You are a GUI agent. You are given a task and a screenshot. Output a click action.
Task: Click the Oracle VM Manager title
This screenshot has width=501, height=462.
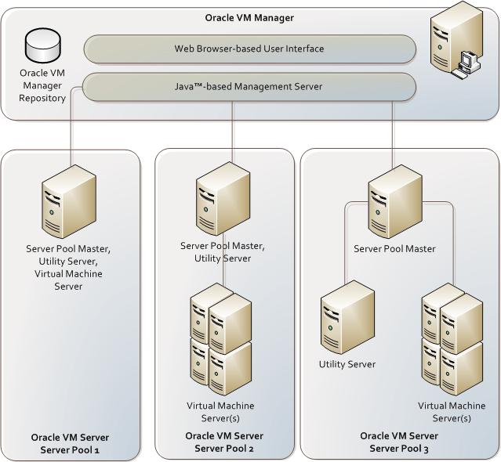click(x=249, y=16)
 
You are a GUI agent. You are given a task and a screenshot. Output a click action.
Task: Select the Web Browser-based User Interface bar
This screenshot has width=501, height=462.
click(x=249, y=49)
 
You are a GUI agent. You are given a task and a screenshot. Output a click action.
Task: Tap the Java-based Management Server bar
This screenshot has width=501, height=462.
click(x=249, y=86)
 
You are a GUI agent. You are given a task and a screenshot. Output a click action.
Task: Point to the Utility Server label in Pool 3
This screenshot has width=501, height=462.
click(x=347, y=364)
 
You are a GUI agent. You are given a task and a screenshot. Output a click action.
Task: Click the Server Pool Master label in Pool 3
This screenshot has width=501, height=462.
click(x=394, y=249)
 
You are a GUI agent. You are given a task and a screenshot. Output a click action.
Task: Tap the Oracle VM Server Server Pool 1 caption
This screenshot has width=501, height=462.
click(x=70, y=443)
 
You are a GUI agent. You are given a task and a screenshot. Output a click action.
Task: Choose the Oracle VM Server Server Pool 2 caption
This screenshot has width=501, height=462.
click(x=223, y=441)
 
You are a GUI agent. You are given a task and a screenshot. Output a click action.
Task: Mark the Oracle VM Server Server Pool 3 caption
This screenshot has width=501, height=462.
click(x=398, y=441)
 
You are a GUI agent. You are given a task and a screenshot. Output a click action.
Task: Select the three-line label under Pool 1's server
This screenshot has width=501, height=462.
click(x=68, y=267)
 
